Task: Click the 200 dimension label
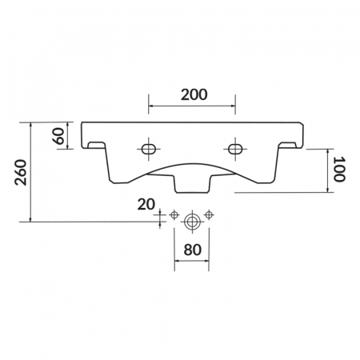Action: (194, 95)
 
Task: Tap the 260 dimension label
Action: (21, 172)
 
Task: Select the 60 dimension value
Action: (59, 136)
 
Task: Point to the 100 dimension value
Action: (339, 170)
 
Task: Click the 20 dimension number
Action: (146, 205)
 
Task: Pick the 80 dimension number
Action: (192, 250)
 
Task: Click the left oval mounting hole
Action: (149, 149)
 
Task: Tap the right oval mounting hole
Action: (235, 149)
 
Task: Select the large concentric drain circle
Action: (192, 222)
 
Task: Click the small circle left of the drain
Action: (174, 214)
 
